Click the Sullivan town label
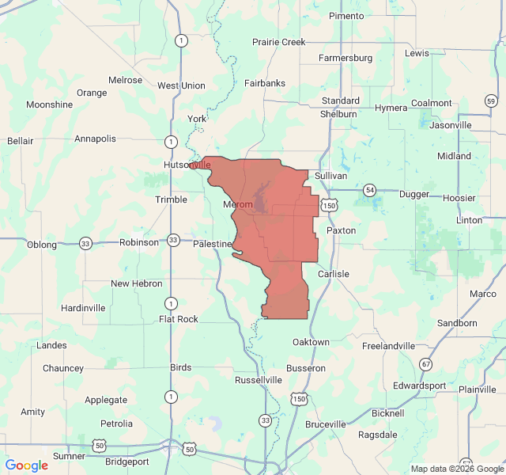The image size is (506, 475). point(330,175)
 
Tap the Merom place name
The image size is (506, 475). point(238,205)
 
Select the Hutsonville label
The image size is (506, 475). point(187,165)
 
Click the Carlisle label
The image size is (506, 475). point(333,274)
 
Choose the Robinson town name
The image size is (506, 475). point(139,242)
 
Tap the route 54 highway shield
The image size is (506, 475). point(369,190)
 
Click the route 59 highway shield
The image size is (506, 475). point(491,101)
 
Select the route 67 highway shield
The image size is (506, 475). point(426,364)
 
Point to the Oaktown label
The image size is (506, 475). point(311,342)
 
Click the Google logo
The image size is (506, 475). point(26,465)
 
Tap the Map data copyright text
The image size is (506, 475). point(456,469)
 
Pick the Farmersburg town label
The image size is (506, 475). point(346,58)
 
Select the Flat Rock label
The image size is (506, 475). point(179,319)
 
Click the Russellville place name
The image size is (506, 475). point(259,380)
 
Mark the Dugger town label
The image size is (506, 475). point(414,194)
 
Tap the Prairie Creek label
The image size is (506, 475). point(278,41)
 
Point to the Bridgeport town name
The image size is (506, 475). point(126,461)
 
